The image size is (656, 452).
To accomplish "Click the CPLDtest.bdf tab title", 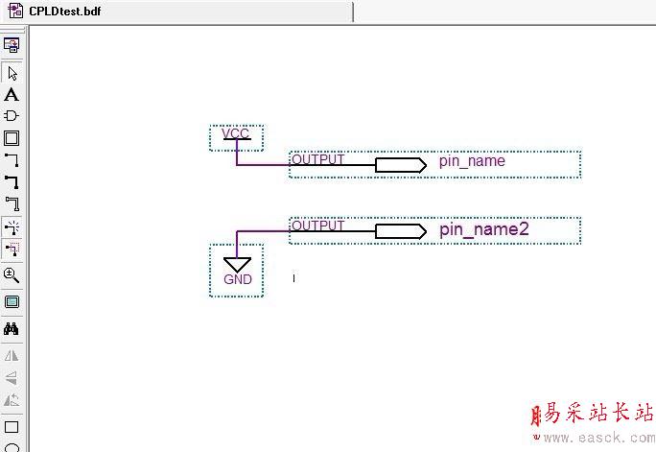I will [x=64, y=11].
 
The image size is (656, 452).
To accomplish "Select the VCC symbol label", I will [x=235, y=132].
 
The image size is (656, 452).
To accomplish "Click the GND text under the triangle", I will [x=237, y=279].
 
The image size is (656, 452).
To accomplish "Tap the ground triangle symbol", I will [x=237, y=264].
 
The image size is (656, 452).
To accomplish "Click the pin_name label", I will [x=472, y=161].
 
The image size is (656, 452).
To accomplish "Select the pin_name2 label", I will [x=484, y=229].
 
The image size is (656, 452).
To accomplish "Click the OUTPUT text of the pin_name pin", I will [x=317, y=159].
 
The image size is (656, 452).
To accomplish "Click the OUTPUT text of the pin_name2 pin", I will [x=317, y=226].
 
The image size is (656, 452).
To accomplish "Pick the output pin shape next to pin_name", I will [x=400, y=165].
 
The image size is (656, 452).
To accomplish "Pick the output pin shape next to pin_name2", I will [x=400, y=231].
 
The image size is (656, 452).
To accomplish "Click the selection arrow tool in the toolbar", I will [x=12, y=73].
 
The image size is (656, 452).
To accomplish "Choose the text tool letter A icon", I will [x=12, y=95].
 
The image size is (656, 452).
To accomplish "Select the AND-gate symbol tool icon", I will [x=12, y=116].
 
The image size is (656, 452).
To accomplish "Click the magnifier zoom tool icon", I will [x=12, y=275].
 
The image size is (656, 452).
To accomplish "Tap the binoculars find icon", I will [x=12, y=329].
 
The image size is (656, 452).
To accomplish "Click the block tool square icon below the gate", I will [x=12, y=138].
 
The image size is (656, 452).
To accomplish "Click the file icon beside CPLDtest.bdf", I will [x=15, y=11].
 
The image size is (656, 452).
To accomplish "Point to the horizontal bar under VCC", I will [x=236, y=140].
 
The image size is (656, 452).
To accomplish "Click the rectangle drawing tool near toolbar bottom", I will [x=12, y=427].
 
